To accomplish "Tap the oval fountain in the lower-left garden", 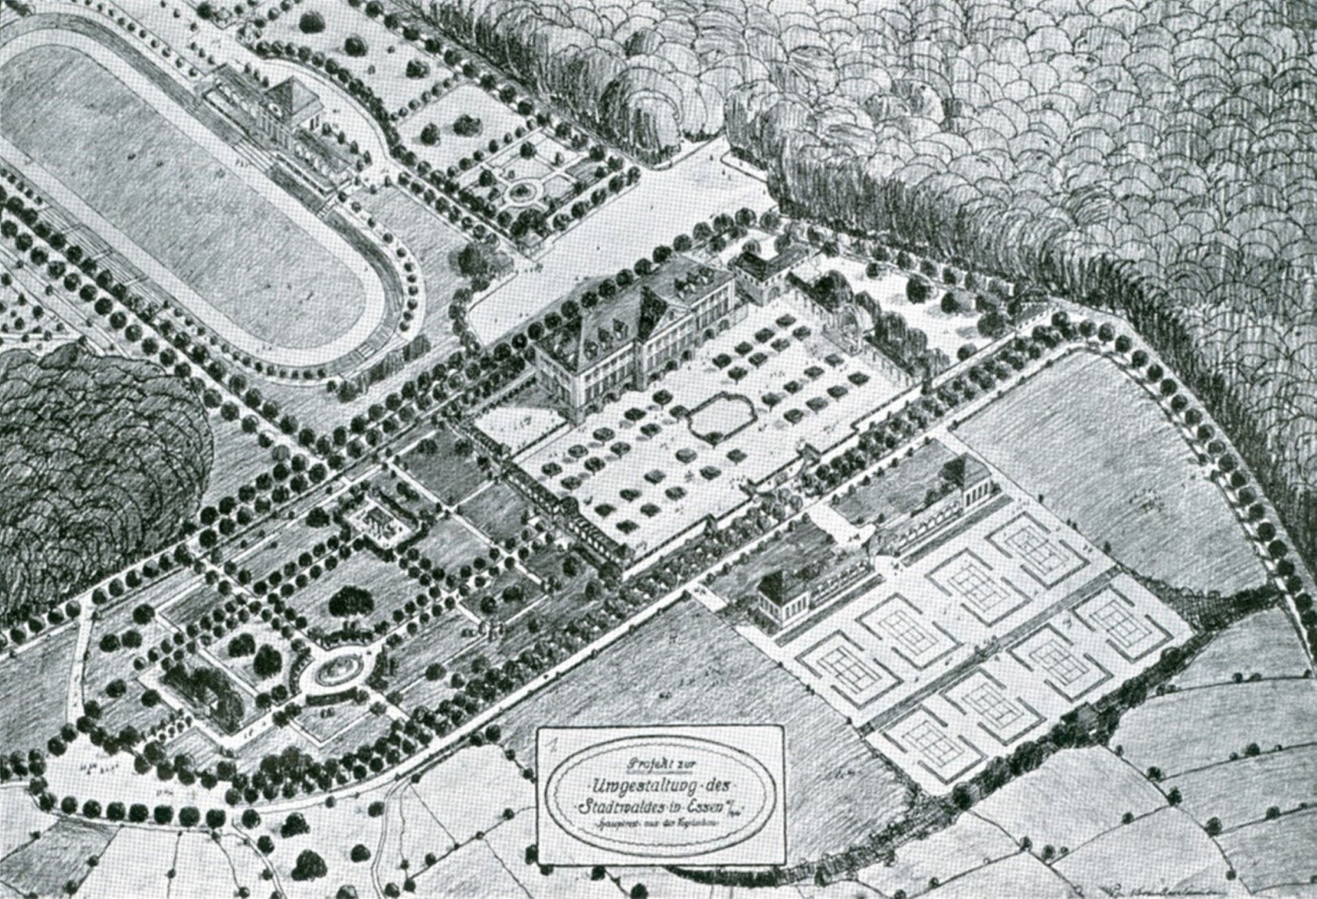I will click(336, 667).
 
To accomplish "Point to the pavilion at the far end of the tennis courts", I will click(967, 475).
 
